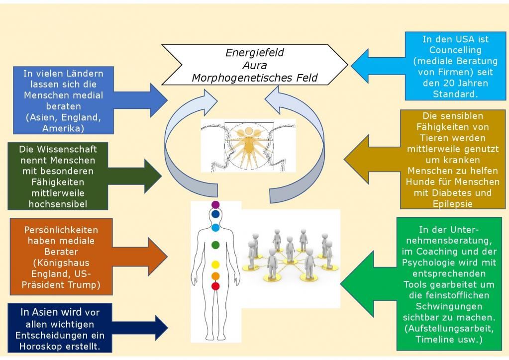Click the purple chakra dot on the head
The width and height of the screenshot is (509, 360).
[x=215, y=205]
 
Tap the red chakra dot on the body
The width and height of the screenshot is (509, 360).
[x=215, y=286]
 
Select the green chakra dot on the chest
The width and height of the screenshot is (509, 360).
[x=215, y=245]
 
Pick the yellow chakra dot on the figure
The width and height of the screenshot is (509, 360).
[x=215, y=265]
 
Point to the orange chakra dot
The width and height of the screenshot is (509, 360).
[x=215, y=275]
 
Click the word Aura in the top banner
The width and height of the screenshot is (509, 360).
[x=255, y=65]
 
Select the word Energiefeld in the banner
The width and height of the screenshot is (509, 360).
[x=255, y=52]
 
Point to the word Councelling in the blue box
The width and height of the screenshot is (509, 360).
[x=455, y=50]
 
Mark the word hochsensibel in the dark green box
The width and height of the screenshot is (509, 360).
[x=58, y=203]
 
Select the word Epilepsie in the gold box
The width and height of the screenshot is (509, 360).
[x=453, y=203]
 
